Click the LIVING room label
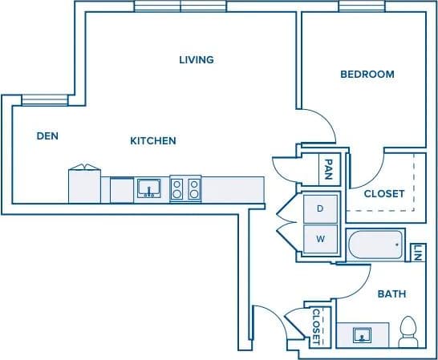click(197, 59)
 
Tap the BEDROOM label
click(367, 75)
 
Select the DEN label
click(47, 136)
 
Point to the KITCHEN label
click(153, 141)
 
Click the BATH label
click(392, 294)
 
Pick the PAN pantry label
click(329, 168)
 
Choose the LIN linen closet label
click(418, 252)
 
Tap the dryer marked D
click(320, 208)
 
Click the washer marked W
click(320, 238)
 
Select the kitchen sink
click(148, 189)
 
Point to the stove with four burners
click(185, 189)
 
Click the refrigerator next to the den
click(85, 185)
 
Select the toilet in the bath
click(408, 332)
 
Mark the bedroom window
click(359, 6)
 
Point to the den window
click(39, 99)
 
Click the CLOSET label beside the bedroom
click(384, 194)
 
